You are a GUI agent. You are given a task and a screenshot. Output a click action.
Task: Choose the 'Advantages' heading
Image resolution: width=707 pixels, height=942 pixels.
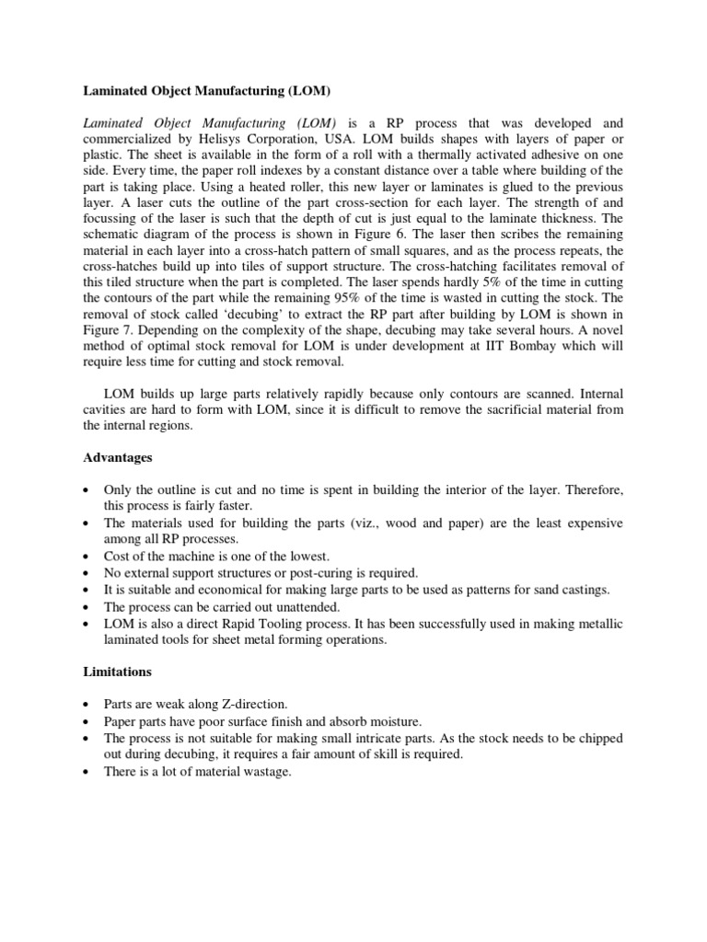118,457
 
